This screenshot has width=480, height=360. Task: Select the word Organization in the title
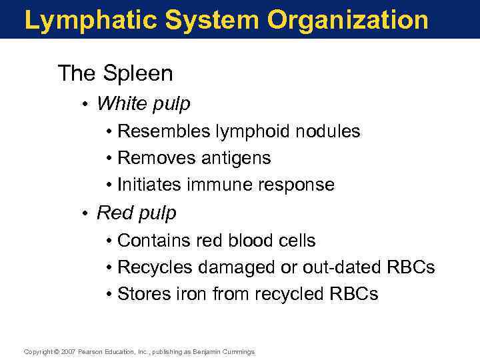click(348, 20)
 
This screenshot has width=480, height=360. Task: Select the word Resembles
click(163, 131)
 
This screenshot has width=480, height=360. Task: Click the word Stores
click(142, 294)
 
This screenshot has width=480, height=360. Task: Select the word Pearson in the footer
click(91, 351)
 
